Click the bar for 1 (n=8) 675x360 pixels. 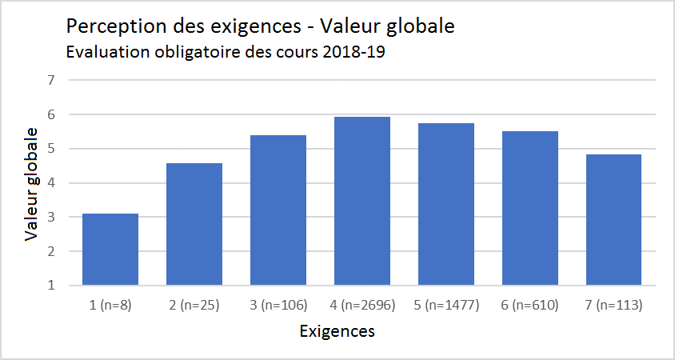coord(110,250)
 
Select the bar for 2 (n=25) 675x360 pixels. coord(194,224)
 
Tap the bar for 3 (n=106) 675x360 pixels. coord(278,210)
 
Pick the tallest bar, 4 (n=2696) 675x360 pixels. coord(362,201)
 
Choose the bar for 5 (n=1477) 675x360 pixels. coord(446,204)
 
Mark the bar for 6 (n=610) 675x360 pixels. coord(530,208)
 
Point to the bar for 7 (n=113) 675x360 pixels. coord(614,220)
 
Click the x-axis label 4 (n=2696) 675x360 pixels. coord(362,305)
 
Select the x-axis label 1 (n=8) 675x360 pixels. coord(110,305)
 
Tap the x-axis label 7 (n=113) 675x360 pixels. coord(614,305)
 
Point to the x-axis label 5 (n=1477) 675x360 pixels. coord(446,305)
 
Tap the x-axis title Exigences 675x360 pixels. coord(337,330)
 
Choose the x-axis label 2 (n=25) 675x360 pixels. coord(194,305)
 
